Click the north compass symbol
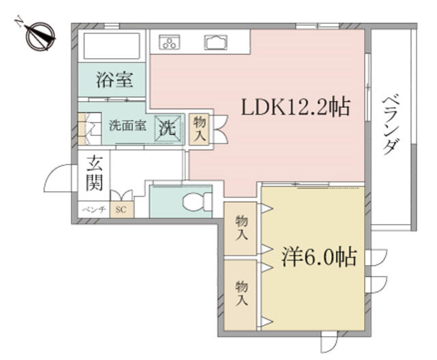(x=40, y=36)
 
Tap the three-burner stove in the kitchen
(x=169, y=42)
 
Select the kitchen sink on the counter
(x=216, y=42)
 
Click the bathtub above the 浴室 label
(x=111, y=46)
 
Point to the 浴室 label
(x=114, y=79)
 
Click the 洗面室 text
(x=128, y=126)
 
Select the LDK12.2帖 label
(x=296, y=107)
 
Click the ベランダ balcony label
(x=391, y=124)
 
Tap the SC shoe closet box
(x=122, y=210)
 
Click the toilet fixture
(x=197, y=202)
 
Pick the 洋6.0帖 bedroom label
(x=319, y=257)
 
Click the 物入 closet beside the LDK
(x=199, y=129)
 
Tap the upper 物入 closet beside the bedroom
(x=240, y=228)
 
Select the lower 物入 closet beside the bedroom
(x=240, y=295)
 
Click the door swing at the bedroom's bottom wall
(x=329, y=342)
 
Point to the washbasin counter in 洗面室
(x=89, y=128)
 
